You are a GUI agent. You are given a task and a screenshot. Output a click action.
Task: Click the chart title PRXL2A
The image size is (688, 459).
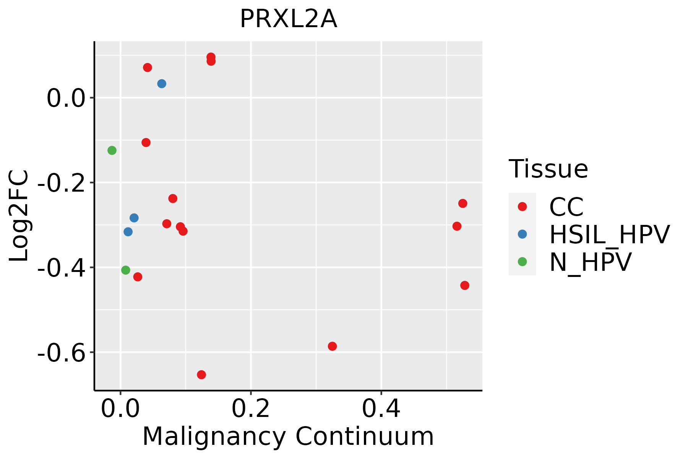289,19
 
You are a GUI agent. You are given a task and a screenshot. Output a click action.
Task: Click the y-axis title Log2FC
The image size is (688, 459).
19,216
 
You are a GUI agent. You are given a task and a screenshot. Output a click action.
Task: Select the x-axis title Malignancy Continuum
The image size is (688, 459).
288,436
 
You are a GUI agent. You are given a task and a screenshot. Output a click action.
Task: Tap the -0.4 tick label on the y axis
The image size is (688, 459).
61,267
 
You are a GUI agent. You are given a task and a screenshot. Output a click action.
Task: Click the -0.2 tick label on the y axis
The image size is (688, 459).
61,183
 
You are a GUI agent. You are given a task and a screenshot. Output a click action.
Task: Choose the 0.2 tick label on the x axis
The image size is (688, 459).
251,409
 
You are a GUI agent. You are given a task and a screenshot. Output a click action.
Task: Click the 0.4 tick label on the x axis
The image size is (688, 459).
381,409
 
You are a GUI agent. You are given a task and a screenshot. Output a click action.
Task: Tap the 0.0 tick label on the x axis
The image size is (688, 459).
120,409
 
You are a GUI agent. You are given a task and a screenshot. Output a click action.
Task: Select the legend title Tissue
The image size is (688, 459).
548,169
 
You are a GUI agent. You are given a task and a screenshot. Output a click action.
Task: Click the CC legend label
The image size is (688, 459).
566,207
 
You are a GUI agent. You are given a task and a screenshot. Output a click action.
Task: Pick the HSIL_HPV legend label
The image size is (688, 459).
609,234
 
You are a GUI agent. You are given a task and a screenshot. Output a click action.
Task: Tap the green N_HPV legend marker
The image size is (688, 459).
522,262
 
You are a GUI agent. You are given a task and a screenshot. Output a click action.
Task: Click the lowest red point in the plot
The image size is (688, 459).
201,374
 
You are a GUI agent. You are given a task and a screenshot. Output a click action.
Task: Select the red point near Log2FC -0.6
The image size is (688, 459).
332,346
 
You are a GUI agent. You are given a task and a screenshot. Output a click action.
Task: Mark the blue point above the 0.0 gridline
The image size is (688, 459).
162,83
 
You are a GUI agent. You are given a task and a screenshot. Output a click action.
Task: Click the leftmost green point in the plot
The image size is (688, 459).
112,150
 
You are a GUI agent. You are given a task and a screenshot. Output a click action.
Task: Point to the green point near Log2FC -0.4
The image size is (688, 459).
126,270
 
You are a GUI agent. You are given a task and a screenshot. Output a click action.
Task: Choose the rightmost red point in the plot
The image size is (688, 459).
465,285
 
